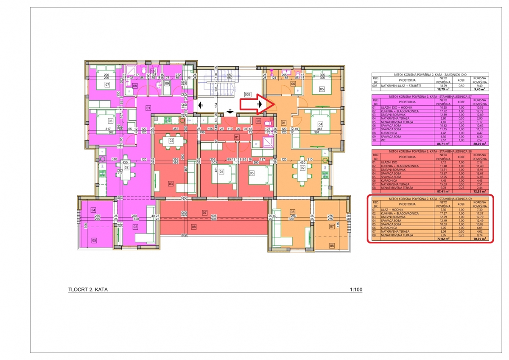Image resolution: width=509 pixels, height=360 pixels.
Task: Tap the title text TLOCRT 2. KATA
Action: click(88, 290)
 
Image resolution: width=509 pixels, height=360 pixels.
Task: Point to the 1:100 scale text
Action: click(356, 290)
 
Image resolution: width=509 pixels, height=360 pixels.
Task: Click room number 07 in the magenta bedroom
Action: click(108, 85)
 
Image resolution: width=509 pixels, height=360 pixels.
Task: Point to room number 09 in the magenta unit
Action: click(167, 84)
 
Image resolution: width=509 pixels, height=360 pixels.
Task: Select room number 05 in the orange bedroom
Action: click(322, 90)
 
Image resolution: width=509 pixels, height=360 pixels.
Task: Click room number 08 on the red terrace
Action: click(193, 227)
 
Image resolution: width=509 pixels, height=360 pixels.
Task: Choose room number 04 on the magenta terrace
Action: click(93, 210)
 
